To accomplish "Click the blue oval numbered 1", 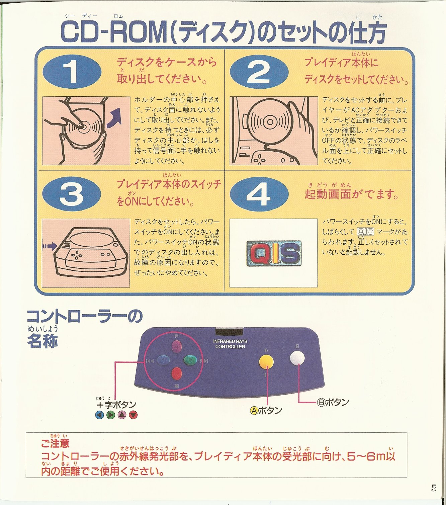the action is coord(72,72).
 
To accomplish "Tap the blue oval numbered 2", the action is coord(259,72).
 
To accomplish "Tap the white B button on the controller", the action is coord(297,358).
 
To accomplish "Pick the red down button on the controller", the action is coord(177,373).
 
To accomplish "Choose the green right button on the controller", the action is coord(190,360).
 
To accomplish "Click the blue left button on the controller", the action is coord(164,360).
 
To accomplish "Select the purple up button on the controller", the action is coord(177,347).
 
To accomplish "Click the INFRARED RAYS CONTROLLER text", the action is coord(230,344).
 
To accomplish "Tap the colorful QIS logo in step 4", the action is coord(274,253).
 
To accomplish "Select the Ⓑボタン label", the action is coord(333,402).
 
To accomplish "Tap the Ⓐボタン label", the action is coord(266,410).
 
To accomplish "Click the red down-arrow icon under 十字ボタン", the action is coord(133,415).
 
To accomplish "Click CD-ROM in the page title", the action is coord(114,33).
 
